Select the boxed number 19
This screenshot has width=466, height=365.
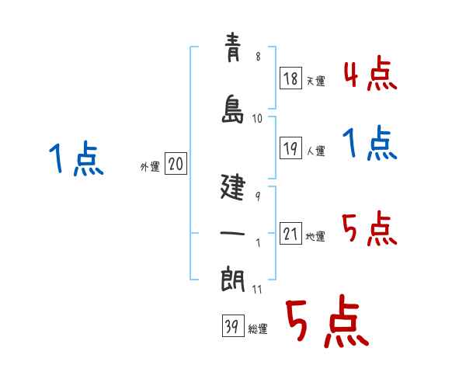click(291, 150)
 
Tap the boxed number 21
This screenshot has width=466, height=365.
click(291, 234)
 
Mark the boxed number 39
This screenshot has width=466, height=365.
click(231, 326)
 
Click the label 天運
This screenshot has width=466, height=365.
click(316, 81)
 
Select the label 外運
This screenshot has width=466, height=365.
click(150, 167)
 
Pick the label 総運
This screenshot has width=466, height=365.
click(258, 329)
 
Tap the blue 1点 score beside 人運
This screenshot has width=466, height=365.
click(370, 144)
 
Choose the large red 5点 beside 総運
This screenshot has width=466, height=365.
click(326, 322)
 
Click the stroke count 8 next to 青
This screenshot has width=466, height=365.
click(258, 57)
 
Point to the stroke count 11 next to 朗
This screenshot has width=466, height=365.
click(258, 289)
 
